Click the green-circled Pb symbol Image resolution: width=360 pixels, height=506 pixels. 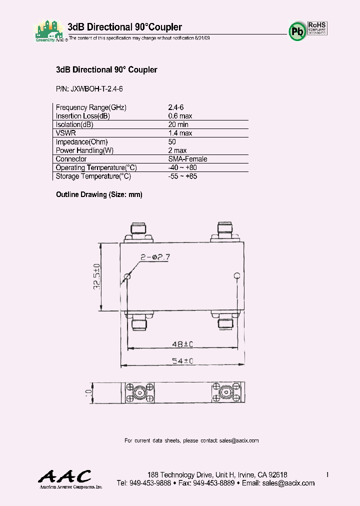pyautogui.click(x=297, y=30)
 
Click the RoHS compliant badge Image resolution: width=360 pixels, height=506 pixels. pyautogui.click(x=317, y=27)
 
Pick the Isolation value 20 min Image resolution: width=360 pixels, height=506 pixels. pyautogui.click(x=178, y=124)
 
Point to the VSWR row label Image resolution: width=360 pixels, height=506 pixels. pyautogui.click(x=66, y=133)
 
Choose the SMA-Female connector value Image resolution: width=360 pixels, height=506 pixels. pyautogui.click(x=187, y=159)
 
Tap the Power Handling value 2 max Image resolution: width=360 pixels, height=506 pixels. pyautogui.click(x=177, y=150)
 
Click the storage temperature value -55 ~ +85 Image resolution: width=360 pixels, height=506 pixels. pyautogui.click(x=182, y=176)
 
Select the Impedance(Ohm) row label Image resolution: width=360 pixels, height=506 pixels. pyautogui.click(x=81, y=142)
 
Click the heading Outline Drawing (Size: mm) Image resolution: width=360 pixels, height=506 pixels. pyautogui.click(x=99, y=194)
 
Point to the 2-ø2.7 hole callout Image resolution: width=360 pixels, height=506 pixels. pyautogui.click(x=155, y=257)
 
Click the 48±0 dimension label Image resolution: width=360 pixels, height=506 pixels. pyautogui.click(x=182, y=344)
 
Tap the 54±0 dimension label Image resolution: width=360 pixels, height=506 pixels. pyautogui.click(x=182, y=361)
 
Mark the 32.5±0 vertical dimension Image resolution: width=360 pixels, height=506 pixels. pyautogui.click(x=97, y=276)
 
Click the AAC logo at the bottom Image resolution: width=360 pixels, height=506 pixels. pyautogui.click(x=65, y=477)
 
